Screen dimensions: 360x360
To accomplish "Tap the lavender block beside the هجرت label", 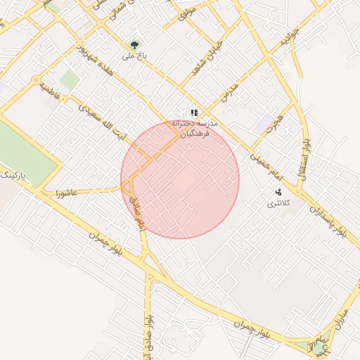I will pyautogui.click(x=265, y=124).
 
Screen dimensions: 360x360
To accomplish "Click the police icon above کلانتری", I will pyautogui.click(x=278, y=192).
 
